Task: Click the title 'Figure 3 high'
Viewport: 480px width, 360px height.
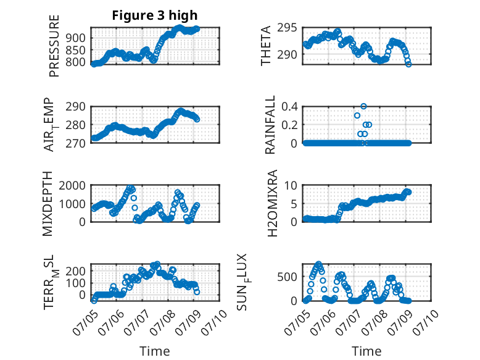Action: tap(155, 15)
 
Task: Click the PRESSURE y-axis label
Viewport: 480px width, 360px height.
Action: tap(54, 46)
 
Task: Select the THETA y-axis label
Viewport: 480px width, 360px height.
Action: tap(266, 46)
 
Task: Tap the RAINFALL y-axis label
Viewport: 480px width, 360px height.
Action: tap(270, 125)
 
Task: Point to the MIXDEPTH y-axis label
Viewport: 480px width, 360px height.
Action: tap(48, 204)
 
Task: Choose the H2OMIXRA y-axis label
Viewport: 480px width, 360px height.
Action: tap(272, 203)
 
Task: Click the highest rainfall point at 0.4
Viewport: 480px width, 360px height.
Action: tap(363, 106)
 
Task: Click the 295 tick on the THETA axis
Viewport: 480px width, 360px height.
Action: tap(287, 28)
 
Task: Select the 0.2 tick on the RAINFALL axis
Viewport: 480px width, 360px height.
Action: tap(289, 125)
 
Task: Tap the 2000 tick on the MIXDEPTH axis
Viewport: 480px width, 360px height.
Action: tap(72, 185)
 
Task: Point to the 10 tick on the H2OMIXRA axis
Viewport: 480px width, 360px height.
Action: tap(291, 185)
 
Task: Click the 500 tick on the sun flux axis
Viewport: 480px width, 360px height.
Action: tap(287, 277)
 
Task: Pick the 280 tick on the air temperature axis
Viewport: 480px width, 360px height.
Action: tap(76, 125)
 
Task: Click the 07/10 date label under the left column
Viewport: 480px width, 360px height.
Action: tap(214, 322)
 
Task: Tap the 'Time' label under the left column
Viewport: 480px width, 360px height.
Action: tap(155, 351)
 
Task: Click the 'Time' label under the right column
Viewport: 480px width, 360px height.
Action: tap(366, 351)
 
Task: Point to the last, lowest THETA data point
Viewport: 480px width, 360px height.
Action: tap(408, 64)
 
